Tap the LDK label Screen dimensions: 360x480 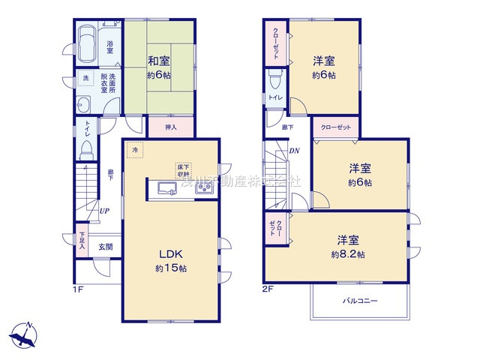(x=170, y=253)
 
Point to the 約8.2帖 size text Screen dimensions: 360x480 (x=349, y=255)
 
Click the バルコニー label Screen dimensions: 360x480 (x=360, y=301)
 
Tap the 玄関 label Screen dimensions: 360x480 (x=105, y=247)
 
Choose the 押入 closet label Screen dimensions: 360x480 (x=170, y=127)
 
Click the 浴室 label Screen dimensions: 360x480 (x=109, y=45)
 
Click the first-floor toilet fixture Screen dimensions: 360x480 (x=86, y=146)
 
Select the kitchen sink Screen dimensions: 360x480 (x=166, y=188)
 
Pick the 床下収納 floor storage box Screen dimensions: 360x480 (x=184, y=170)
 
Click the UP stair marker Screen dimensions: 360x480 (x=105, y=211)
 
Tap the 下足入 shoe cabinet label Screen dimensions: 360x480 (x=82, y=241)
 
